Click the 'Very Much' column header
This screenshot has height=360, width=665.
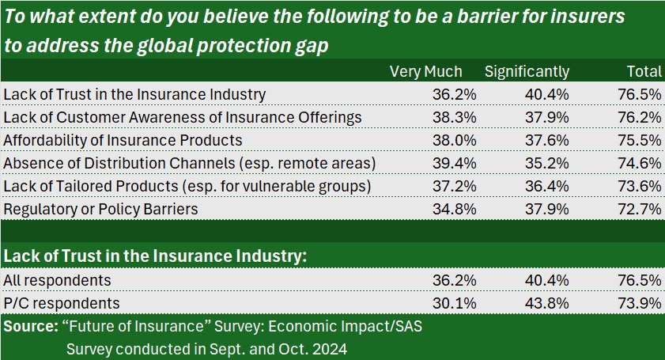click(425, 72)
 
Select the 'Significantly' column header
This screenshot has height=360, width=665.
click(527, 72)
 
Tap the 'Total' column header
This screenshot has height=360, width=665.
click(644, 72)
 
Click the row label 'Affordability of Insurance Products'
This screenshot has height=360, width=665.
click(123, 140)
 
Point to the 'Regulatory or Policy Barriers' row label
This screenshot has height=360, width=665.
click(100, 209)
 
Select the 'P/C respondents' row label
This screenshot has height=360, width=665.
click(61, 303)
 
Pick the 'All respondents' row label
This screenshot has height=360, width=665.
click(58, 280)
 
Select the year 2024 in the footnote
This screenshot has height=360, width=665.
click(331, 348)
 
